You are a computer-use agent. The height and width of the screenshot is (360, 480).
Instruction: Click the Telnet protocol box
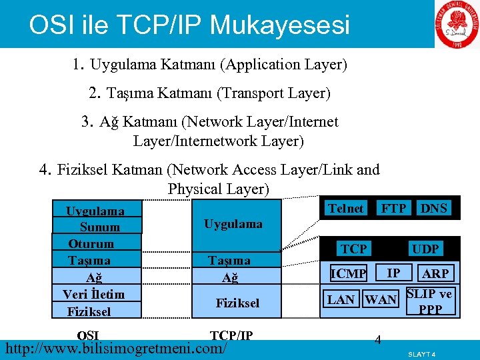click(345, 209)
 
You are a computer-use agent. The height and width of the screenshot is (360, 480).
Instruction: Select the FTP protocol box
click(393, 209)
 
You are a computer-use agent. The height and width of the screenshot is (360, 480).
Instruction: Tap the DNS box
click(434, 209)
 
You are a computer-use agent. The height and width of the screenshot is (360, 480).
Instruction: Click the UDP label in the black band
click(425, 249)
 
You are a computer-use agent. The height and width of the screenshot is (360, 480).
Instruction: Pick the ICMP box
click(349, 273)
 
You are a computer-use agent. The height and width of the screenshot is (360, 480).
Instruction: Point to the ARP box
click(435, 273)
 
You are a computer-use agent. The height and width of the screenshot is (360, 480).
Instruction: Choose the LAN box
click(341, 299)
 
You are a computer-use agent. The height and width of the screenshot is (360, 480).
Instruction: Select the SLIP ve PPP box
click(430, 301)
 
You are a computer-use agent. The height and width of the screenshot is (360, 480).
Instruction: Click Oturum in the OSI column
click(91, 243)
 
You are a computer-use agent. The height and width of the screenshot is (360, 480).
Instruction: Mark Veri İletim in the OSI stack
click(93, 294)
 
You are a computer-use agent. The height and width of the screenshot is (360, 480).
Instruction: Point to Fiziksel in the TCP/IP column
click(237, 303)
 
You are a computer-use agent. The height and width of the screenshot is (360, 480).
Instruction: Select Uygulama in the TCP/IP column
click(233, 224)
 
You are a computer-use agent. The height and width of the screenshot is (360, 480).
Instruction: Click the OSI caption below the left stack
click(88, 335)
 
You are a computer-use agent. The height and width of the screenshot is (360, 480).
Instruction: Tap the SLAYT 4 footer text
click(421, 354)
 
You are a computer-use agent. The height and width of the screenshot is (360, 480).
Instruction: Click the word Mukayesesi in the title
click(279, 25)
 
